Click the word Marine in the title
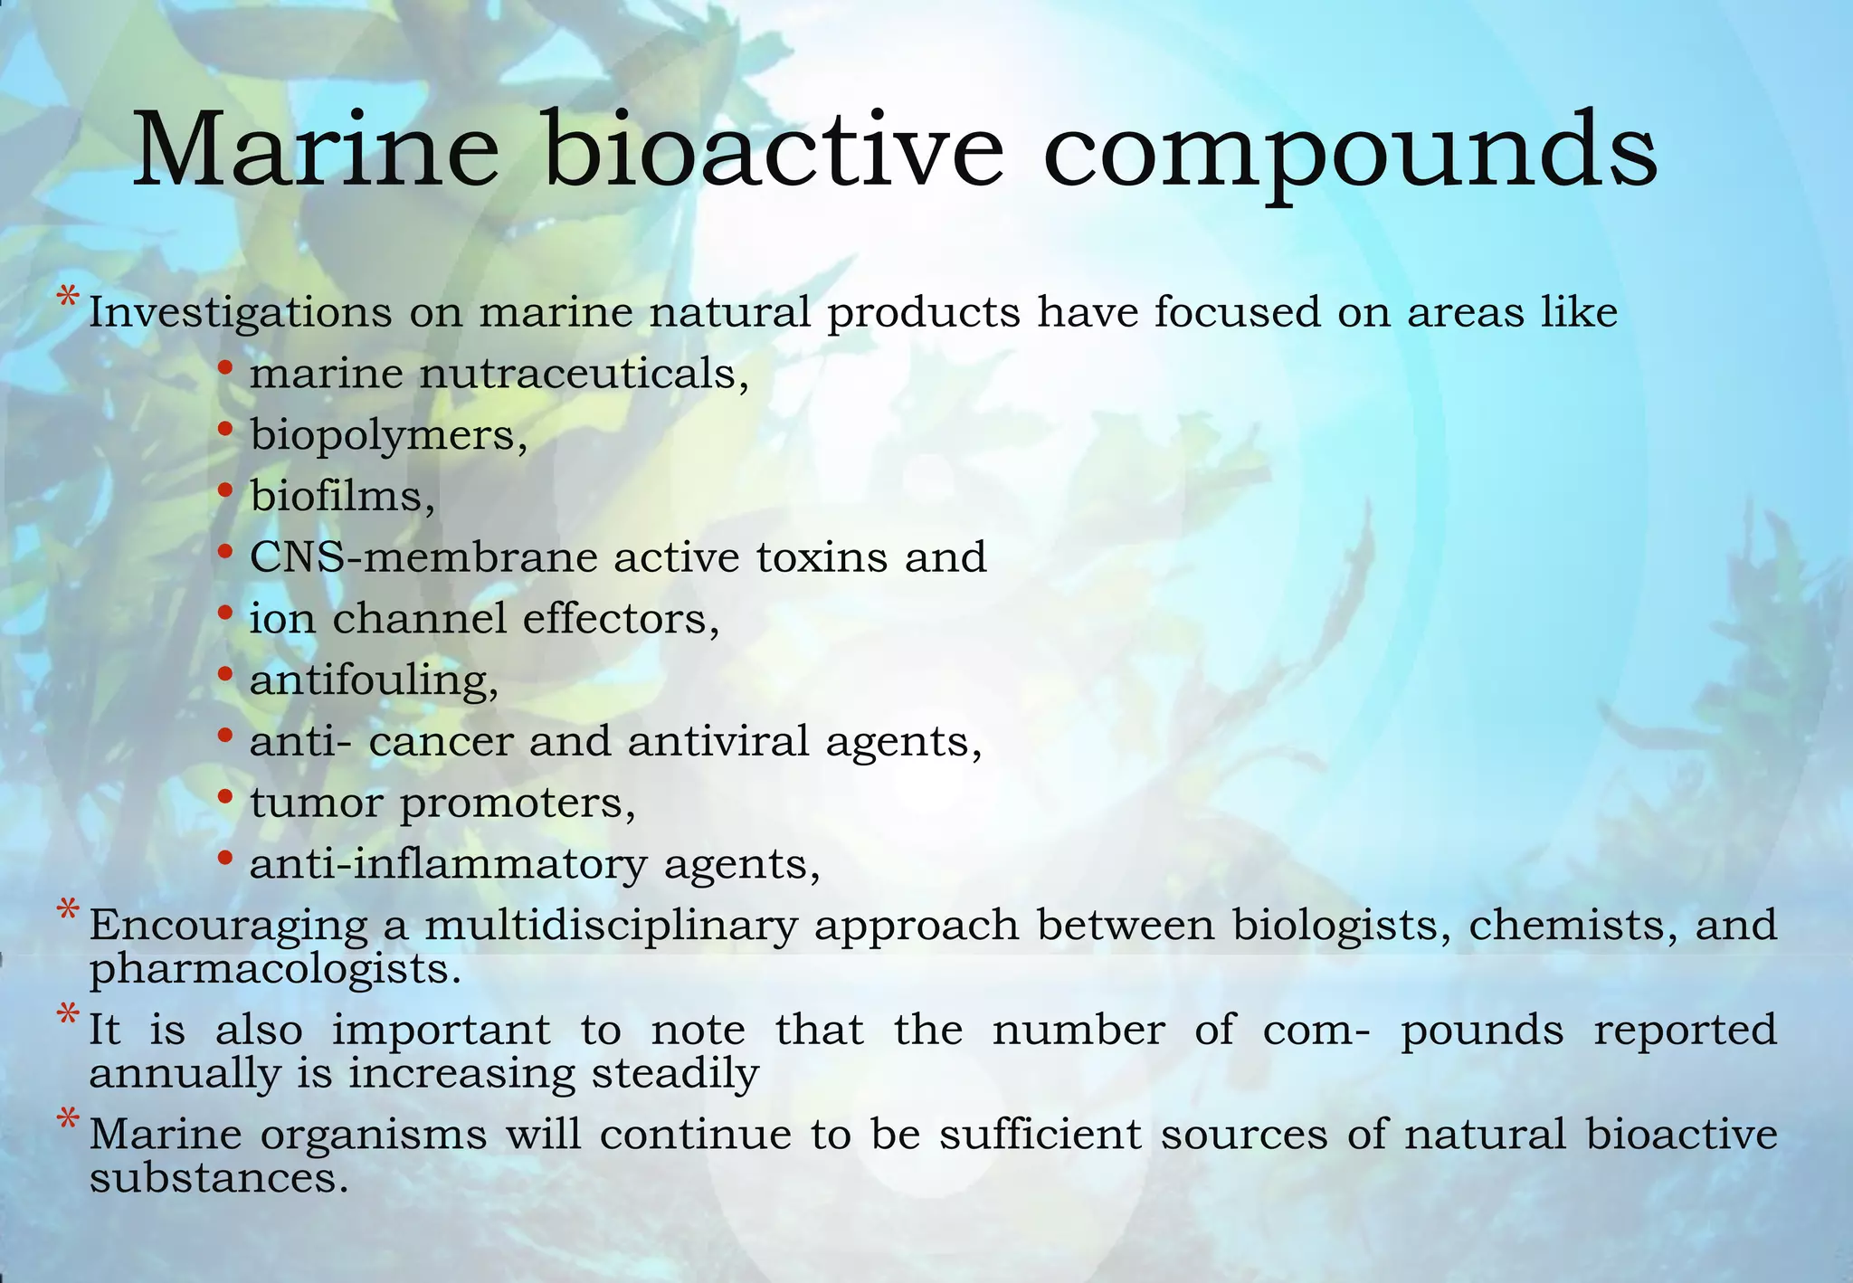(316, 149)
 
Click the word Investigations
(240, 314)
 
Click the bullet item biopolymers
(388, 436)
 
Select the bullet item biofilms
(342, 496)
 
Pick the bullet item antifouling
(374, 680)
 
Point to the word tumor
(317, 803)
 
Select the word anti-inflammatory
(448, 864)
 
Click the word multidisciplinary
(611, 926)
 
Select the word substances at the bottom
(218, 1178)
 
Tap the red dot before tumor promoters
(225, 796)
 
